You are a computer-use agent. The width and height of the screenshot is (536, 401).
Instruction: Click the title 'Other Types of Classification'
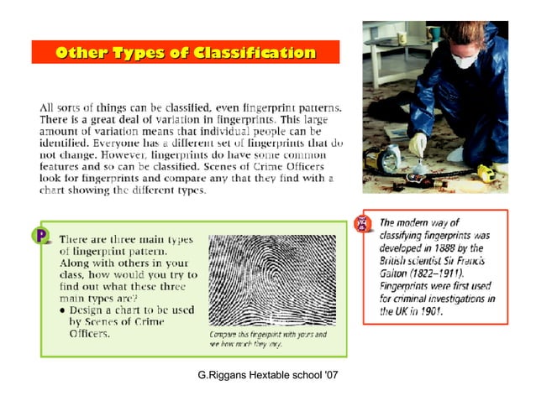tap(185, 52)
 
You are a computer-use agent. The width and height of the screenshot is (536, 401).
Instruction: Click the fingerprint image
tap(271, 280)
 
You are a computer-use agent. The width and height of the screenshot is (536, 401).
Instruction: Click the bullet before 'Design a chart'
tap(63, 310)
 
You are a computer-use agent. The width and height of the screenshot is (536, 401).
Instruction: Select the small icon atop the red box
tap(364, 222)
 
